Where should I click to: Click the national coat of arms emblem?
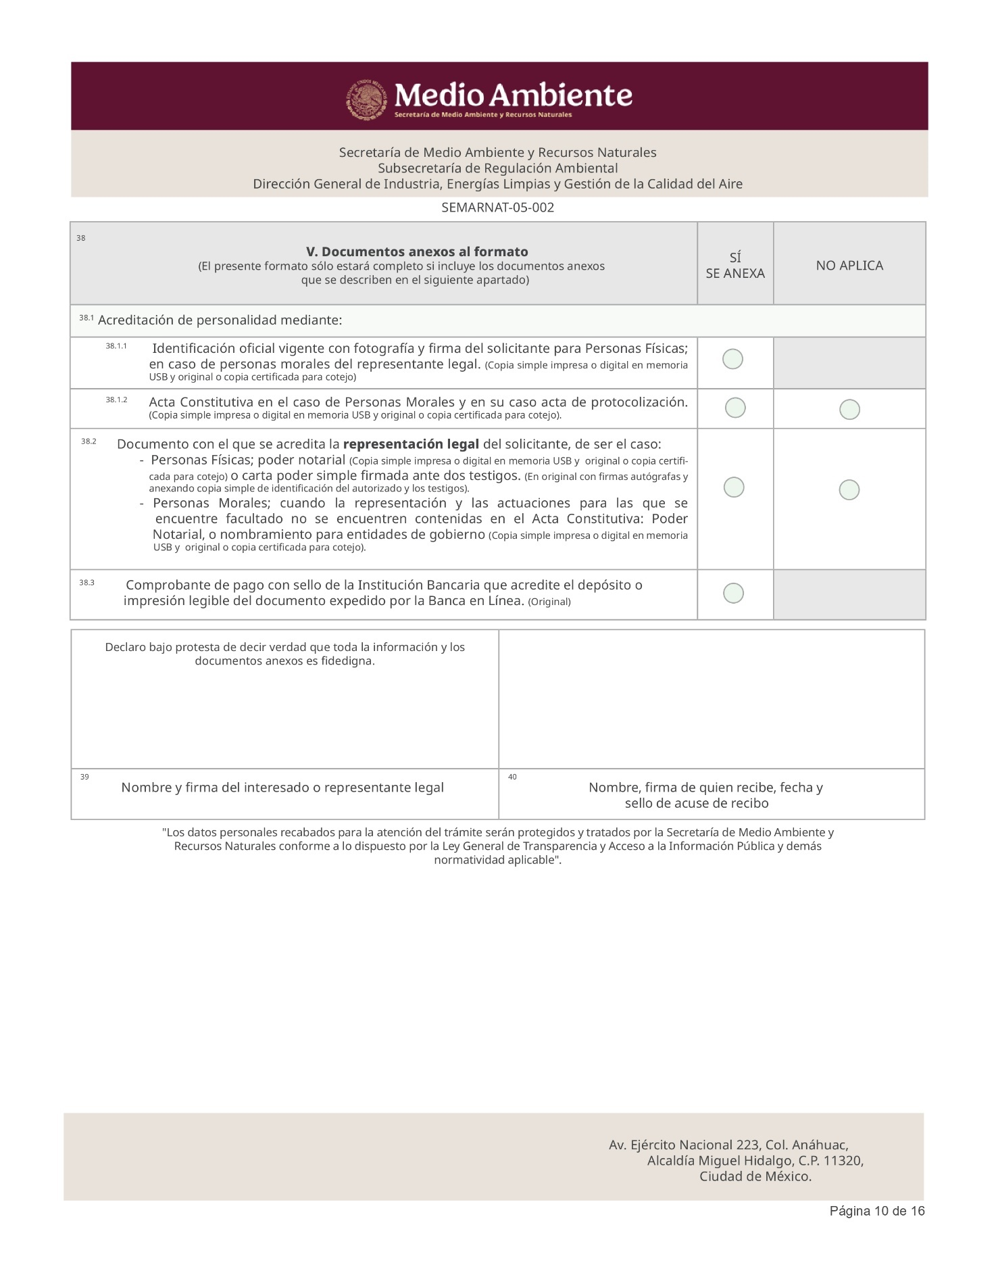(366, 99)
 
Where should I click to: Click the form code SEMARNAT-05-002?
(497, 208)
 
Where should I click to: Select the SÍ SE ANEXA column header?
(735, 266)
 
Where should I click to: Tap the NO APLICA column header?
(849, 266)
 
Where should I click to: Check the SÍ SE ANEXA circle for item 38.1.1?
(732, 359)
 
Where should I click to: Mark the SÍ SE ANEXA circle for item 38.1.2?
(735, 408)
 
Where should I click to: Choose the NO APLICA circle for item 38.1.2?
(849, 409)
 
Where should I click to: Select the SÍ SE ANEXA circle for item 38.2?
(734, 487)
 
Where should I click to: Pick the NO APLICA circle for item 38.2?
(849, 489)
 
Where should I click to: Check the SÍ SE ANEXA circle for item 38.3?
(733, 593)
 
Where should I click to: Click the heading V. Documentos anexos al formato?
(417, 251)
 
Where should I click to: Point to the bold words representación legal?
(411, 444)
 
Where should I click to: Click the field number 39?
(84, 777)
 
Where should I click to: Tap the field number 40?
(512, 777)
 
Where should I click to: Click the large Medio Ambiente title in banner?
(514, 95)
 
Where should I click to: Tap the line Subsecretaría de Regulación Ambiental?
(497, 168)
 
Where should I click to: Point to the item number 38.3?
(86, 582)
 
